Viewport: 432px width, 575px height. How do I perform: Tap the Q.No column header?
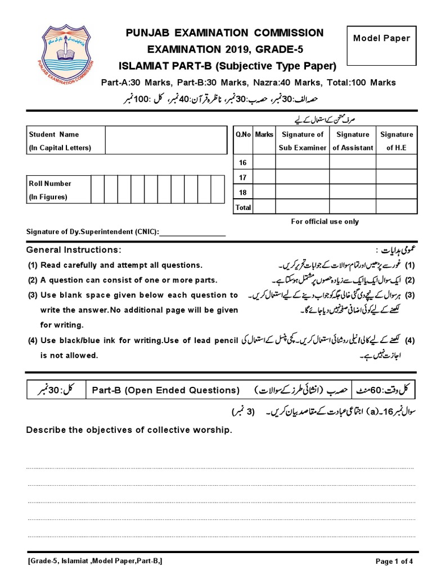pyautogui.click(x=243, y=134)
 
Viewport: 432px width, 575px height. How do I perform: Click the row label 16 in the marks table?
pyautogui.click(x=243, y=162)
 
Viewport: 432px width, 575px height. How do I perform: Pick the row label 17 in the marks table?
pyautogui.click(x=243, y=177)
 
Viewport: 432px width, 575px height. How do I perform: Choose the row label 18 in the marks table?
pyautogui.click(x=243, y=193)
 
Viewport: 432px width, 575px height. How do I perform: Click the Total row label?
pyautogui.click(x=243, y=207)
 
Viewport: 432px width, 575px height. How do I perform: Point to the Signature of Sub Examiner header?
pyautogui.click(x=302, y=141)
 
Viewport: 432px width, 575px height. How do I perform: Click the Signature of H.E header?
pyautogui.click(x=397, y=141)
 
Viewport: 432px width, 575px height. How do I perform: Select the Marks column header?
pyautogui.click(x=264, y=134)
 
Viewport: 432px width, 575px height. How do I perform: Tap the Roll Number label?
pyautogui.click(x=50, y=183)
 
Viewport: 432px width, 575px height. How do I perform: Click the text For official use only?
pyautogui.click(x=325, y=221)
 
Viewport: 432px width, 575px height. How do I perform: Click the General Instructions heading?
pyautogui.click(x=74, y=249)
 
